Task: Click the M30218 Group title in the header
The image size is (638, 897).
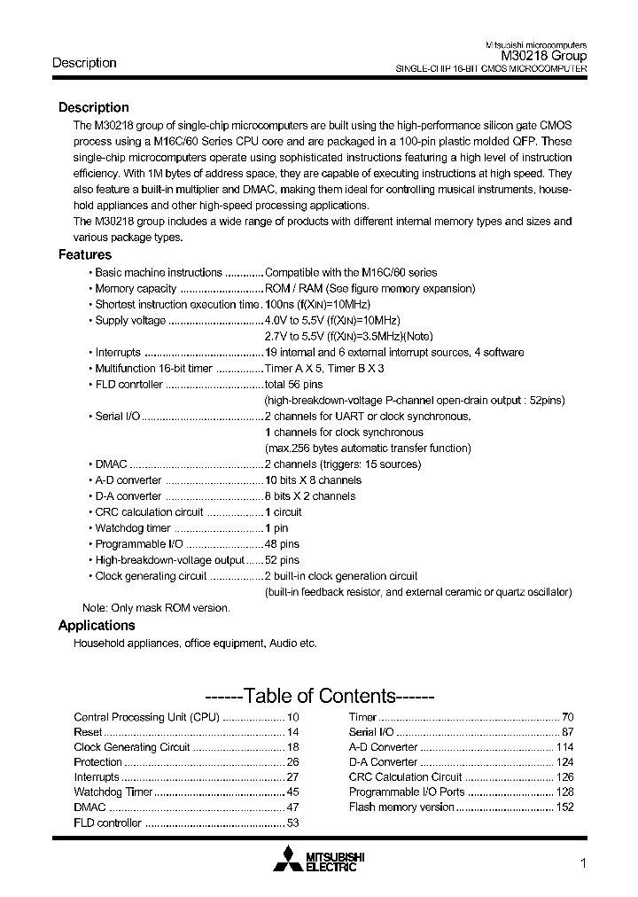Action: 538,55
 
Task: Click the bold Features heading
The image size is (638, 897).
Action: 84,254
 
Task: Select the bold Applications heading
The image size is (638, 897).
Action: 97,625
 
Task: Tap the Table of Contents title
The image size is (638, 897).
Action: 319,696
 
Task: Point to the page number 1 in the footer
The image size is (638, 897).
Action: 582,864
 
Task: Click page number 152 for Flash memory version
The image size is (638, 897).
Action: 564,807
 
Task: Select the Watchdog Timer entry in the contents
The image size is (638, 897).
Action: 113,792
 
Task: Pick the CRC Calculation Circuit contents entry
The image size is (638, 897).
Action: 406,776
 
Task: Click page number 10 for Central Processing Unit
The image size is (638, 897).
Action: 293,716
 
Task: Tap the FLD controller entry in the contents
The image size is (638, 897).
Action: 107,823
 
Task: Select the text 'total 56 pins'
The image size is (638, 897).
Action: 296,384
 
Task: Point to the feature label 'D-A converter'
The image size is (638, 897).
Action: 128,496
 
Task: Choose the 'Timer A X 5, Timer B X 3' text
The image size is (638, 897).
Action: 324,368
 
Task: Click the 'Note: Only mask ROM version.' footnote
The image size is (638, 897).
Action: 156,608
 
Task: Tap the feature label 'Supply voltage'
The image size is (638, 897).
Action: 130,320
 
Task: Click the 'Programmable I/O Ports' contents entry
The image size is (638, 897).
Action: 407,792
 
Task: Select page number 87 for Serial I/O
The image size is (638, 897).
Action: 567,732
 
